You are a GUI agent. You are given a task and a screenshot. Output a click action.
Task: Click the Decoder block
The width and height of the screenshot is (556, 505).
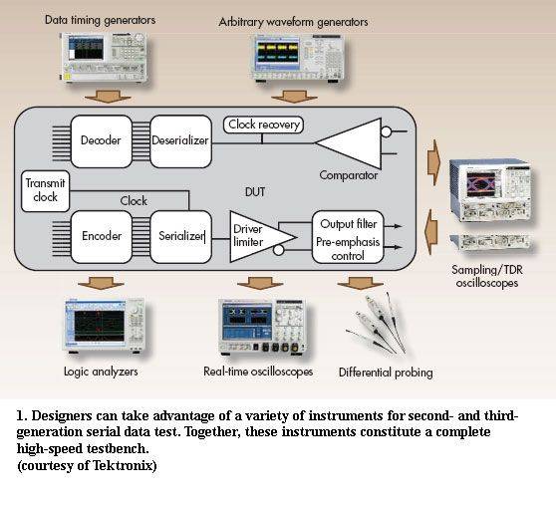pos(102,141)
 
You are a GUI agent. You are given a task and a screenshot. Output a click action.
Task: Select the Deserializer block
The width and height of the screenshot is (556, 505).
pos(180,141)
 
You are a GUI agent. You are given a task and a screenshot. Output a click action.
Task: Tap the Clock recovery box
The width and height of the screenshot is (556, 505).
pos(263,125)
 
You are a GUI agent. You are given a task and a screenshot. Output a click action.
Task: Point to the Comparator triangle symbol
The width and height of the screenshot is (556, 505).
pos(349,143)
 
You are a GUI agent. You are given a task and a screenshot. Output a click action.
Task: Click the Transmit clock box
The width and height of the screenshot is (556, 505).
pos(46,191)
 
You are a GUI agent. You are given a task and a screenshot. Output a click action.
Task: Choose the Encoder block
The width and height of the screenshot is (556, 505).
pos(102,237)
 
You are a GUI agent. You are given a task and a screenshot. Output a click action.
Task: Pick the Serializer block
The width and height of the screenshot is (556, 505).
pos(180,237)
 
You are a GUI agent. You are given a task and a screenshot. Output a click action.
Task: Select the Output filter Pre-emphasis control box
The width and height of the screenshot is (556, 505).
pos(348,237)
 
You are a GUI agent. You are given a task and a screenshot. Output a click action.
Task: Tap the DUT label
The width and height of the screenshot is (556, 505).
pos(255,192)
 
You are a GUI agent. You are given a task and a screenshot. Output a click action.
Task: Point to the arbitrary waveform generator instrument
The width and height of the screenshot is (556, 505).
pos(297,59)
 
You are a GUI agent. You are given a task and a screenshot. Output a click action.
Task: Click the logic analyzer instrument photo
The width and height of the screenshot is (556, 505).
pos(105,326)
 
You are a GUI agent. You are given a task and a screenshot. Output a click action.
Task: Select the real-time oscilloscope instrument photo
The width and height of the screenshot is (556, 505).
pos(262,327)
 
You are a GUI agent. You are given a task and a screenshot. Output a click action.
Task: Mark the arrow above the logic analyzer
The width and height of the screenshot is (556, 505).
pos(101,283)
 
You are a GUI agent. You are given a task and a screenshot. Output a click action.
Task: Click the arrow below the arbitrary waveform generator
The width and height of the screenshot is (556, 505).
pos(294,97)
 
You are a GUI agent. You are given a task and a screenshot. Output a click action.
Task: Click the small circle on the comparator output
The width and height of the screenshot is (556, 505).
pos(387,131)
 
